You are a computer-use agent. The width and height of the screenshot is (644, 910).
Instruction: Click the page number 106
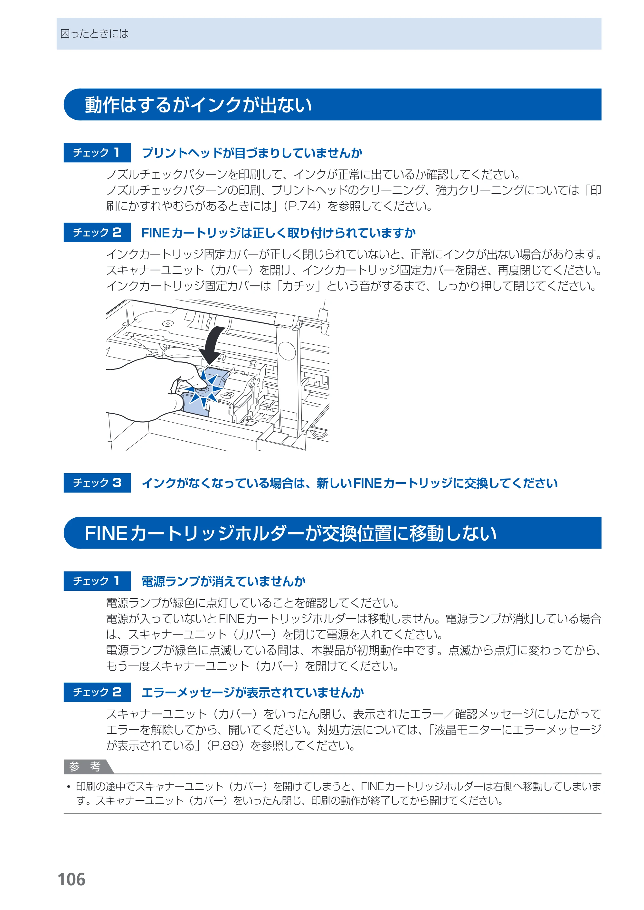coord(71,879)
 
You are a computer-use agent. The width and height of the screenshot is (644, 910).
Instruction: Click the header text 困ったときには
coord(94,34)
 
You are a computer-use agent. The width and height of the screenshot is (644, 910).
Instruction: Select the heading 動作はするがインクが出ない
coord(198,105)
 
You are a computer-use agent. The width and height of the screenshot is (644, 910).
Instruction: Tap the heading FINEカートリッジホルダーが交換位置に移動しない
coord(291,533)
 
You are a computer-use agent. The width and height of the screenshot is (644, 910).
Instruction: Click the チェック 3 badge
coord(97,483)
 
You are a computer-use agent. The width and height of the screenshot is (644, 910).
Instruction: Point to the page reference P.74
coord(304,206)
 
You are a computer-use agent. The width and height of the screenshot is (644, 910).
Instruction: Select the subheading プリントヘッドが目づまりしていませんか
coord(252,153)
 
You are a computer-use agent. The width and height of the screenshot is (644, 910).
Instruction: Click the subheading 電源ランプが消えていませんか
coord(223,581)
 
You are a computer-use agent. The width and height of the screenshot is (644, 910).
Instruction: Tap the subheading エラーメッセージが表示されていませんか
coord(252,692)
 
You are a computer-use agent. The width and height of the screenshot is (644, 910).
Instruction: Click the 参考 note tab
coord(88,766)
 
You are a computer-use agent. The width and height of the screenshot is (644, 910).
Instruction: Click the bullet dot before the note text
coord(69,787)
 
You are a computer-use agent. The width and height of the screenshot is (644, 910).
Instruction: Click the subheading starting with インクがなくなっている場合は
coord(349,483)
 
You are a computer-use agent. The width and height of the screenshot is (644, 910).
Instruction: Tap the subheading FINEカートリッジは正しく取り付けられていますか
coord(279,233)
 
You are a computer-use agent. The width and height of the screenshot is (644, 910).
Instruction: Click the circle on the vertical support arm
coord(287,351)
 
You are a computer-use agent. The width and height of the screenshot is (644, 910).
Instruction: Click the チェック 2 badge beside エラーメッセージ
coord(97,692)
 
